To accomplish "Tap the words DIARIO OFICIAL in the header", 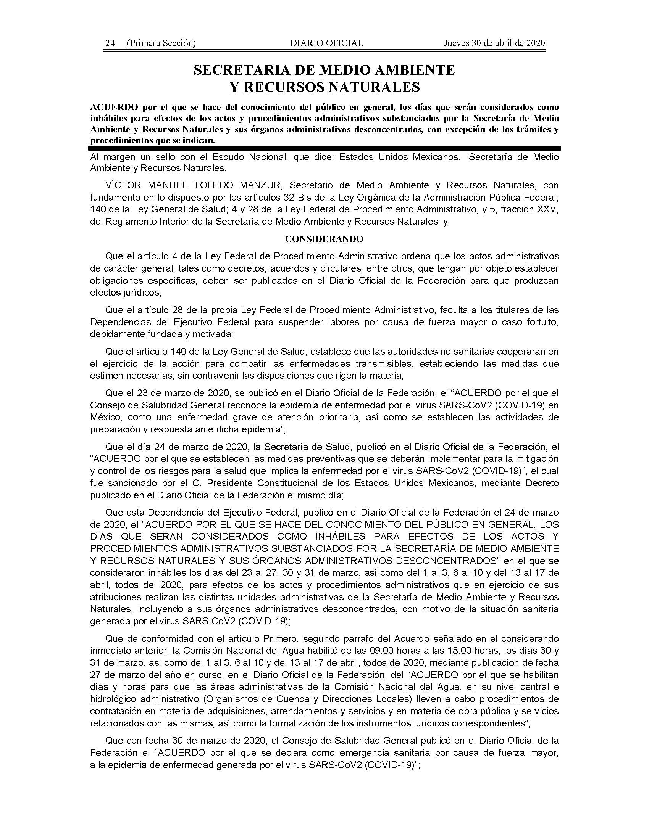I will click(326, 43).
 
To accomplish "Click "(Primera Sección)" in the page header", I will click(161, 43).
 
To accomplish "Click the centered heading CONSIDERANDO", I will click(324, 239).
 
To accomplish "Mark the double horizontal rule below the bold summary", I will click(324, 148).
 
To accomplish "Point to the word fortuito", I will click(542, 322).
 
